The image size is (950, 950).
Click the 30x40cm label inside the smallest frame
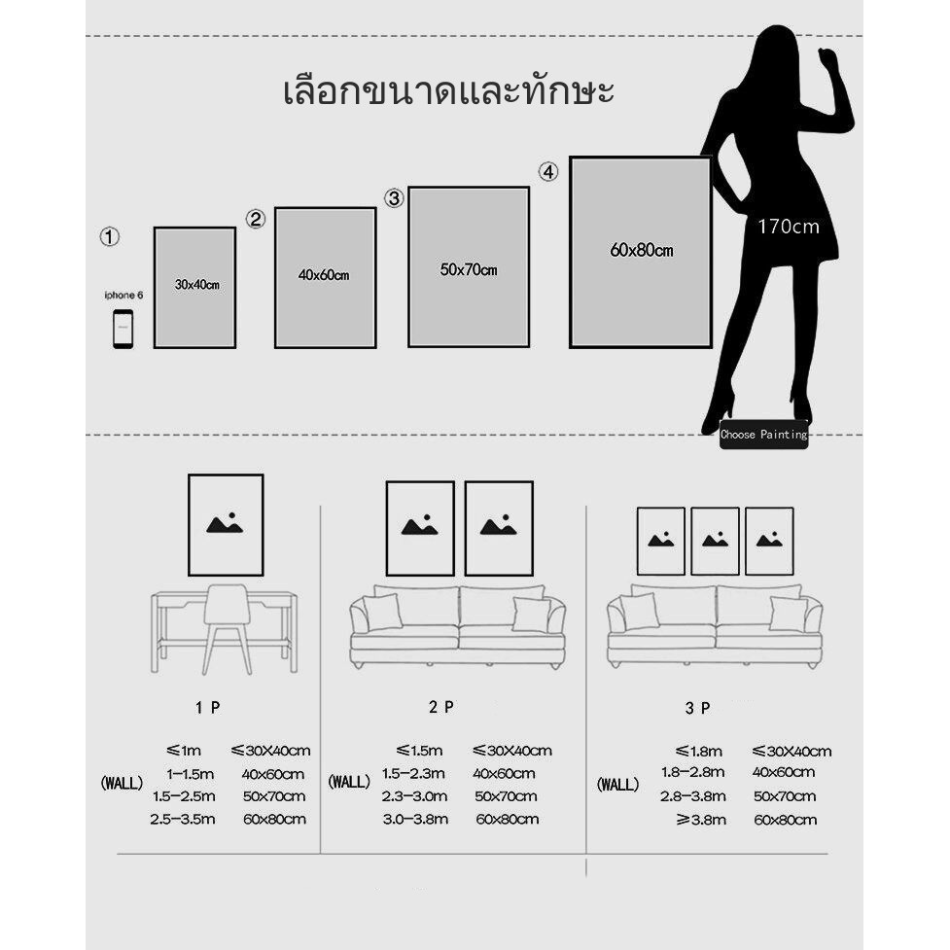coord(196,285)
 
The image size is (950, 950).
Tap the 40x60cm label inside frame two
coord(324,275)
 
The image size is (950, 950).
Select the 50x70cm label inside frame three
coord(469,269)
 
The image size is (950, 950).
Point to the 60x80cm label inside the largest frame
coord(642,251)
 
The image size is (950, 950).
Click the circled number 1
coord(110,236)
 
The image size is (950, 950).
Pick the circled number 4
coord(549,172)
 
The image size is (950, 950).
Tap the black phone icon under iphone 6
coord(123,329)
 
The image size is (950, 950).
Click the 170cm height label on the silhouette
coord(789,228)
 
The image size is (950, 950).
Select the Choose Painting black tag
coord(763,435)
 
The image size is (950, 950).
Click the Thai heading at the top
coord(448,93)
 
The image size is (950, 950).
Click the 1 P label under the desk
coord(207,708)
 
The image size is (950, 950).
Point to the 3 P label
coord(697,709)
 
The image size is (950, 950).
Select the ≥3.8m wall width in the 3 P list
coord(700,820)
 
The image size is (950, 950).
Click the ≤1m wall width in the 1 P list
coord(184,751)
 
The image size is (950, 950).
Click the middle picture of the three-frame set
coord(715,541)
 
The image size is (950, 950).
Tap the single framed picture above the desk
coord(226,525)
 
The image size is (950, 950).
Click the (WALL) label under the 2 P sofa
coord(349,781)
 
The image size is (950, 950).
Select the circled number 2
coord(256,220)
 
